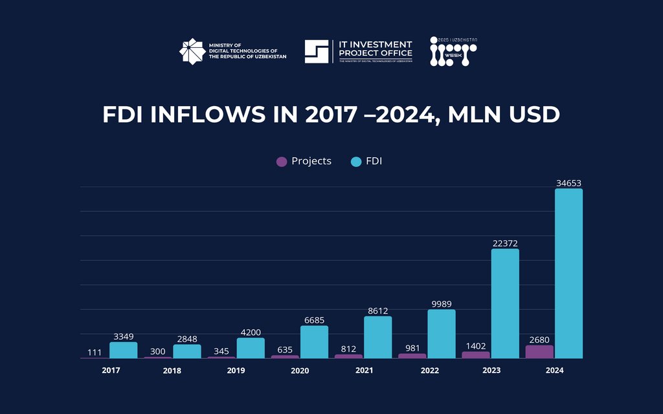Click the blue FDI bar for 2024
pos(568,273)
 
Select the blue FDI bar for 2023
pos(505,303)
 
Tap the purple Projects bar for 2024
pos(539,351)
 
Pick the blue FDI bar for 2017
pos(123,350)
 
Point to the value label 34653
pos(568,184)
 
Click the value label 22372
pos(504,243)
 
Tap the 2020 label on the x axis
pos(300,371)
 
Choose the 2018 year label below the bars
pos(172,371)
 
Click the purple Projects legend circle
pos(282,161)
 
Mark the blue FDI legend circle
pos(355,161)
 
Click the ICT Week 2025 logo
pos(453,52)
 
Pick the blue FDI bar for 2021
pos(377,337)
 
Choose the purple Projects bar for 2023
pos(476,354)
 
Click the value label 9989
pos(441,303)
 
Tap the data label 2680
pos(539,339)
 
